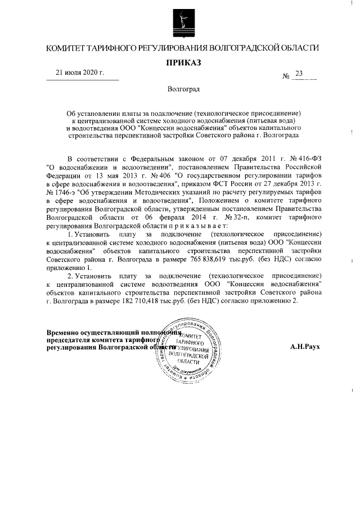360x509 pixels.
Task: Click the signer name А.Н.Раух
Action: tap(305, 347)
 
